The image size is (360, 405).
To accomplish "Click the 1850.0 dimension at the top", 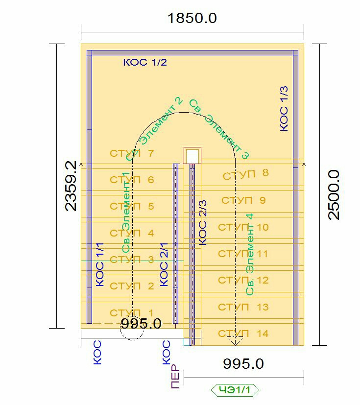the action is point(192,18).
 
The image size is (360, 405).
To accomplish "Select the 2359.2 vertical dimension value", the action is point(71,186).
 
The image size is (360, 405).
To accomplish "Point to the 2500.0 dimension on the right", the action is point(334,195).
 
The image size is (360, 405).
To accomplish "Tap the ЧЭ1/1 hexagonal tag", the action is point(235,390).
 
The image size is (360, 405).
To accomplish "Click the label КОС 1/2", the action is point(145,62).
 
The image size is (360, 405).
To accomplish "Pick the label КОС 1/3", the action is point(284,109).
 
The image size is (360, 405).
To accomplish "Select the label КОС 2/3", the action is point(202,222).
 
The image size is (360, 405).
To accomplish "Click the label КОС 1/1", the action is point(100,264).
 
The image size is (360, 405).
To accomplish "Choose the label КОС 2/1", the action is point(164,264).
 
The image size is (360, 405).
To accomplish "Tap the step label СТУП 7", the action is point(132,153).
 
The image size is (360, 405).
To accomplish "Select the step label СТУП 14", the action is point(243,334).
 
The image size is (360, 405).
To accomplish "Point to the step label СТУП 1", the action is point(132,313).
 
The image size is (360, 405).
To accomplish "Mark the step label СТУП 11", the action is point(243,254).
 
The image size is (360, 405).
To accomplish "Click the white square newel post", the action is point(192,156).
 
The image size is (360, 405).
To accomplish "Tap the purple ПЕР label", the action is point(175,376).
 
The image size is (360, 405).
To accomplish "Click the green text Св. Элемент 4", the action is point(249,255).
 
